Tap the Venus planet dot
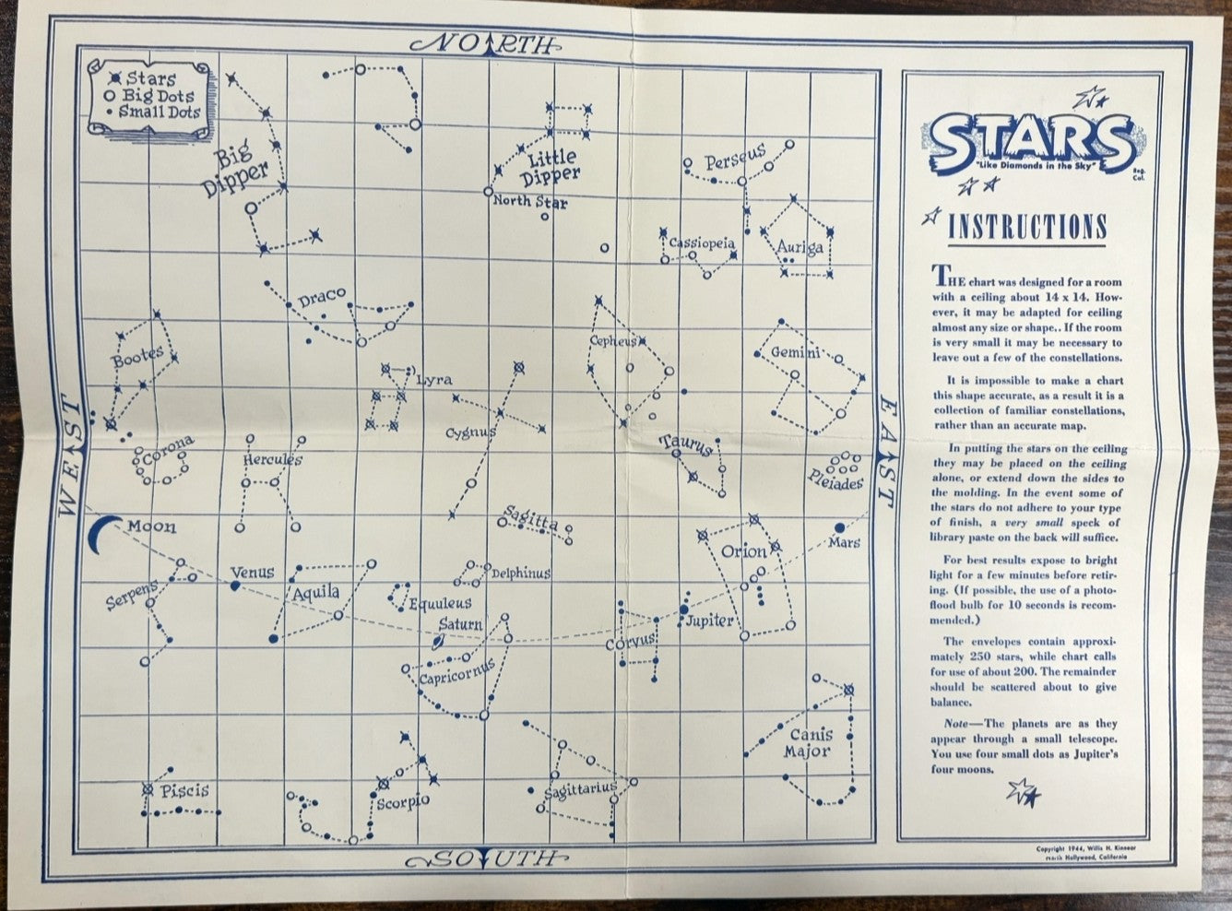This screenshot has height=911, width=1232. (235, 585)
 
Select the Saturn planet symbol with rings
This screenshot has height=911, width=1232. (441, 645)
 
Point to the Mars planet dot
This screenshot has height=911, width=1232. (839, 527)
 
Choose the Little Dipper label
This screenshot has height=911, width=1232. (551, 167)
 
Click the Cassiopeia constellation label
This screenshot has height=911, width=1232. (701, 243)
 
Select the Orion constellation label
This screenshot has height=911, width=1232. (743, 551)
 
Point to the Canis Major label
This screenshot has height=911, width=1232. (809, 742)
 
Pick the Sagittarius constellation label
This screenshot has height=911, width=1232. (579, 789)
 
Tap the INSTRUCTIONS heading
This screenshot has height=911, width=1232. (1027, 227)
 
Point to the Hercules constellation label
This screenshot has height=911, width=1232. (273, 459)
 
